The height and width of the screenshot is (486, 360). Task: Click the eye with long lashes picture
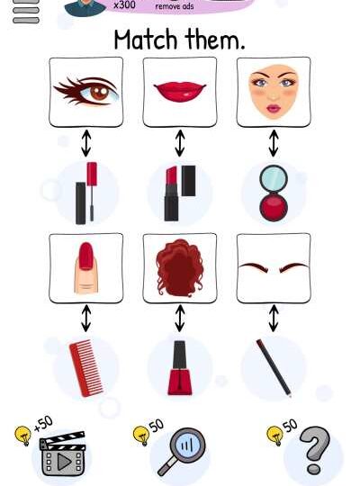pos(85,92)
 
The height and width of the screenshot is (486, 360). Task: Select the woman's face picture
pos(274,92)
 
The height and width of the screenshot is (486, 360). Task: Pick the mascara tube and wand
pos(85,193)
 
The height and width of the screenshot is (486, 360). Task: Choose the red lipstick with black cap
pos(180,193)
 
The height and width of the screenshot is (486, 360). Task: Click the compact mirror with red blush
pos(274,193)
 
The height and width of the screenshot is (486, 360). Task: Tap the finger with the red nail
pos(85,268)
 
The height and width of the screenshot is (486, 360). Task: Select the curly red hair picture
pos(180,268)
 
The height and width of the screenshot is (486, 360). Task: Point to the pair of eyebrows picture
pos(274,268)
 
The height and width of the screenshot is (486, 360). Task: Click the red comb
pos(85,368)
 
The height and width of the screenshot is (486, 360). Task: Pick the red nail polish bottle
pos(179,368)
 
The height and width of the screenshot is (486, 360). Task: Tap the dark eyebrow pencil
pos(274,368)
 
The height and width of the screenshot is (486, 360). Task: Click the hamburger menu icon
pos(26,11)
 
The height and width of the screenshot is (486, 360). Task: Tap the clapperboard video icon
pos(63,453)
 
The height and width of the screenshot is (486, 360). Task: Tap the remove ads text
pos(175,6)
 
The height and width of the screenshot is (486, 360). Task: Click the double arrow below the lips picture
pos(180,143)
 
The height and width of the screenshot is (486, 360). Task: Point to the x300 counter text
pos(124,4)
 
